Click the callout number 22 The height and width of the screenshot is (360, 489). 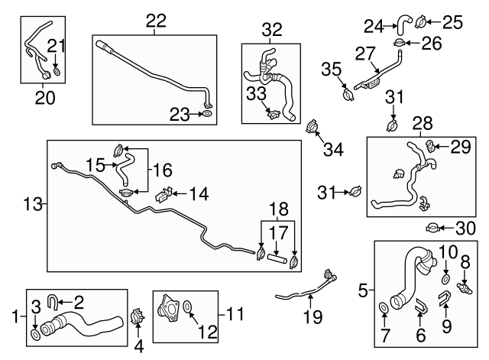click(x=156, y=22)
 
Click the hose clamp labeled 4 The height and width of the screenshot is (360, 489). click(x=138, y=314)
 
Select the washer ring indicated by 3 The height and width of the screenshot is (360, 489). click(x=36, y=335)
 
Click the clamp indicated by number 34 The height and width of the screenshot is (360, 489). click(x=312, y=125)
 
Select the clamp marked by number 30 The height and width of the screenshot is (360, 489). click(x=432, y=228)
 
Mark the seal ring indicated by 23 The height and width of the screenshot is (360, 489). click(x=206, y=115)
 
